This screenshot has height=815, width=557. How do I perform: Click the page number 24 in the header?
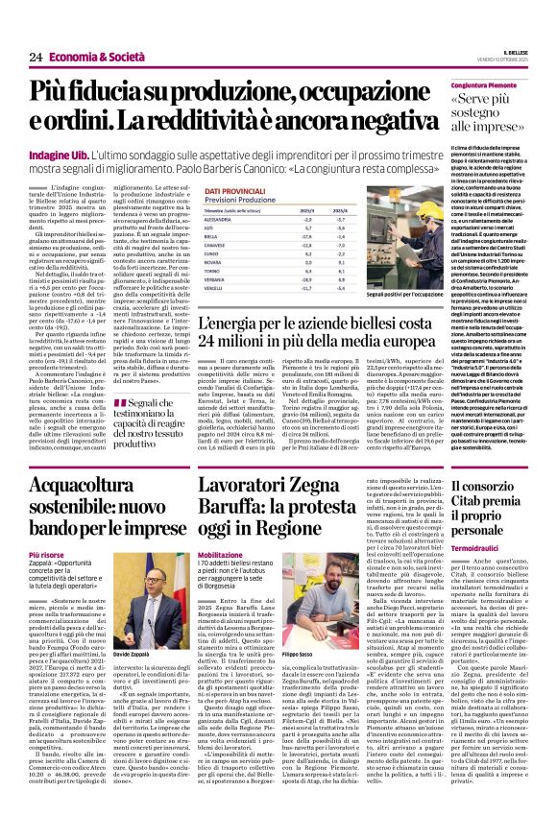[36, 58]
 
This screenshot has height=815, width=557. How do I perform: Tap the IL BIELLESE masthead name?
[516, 52]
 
